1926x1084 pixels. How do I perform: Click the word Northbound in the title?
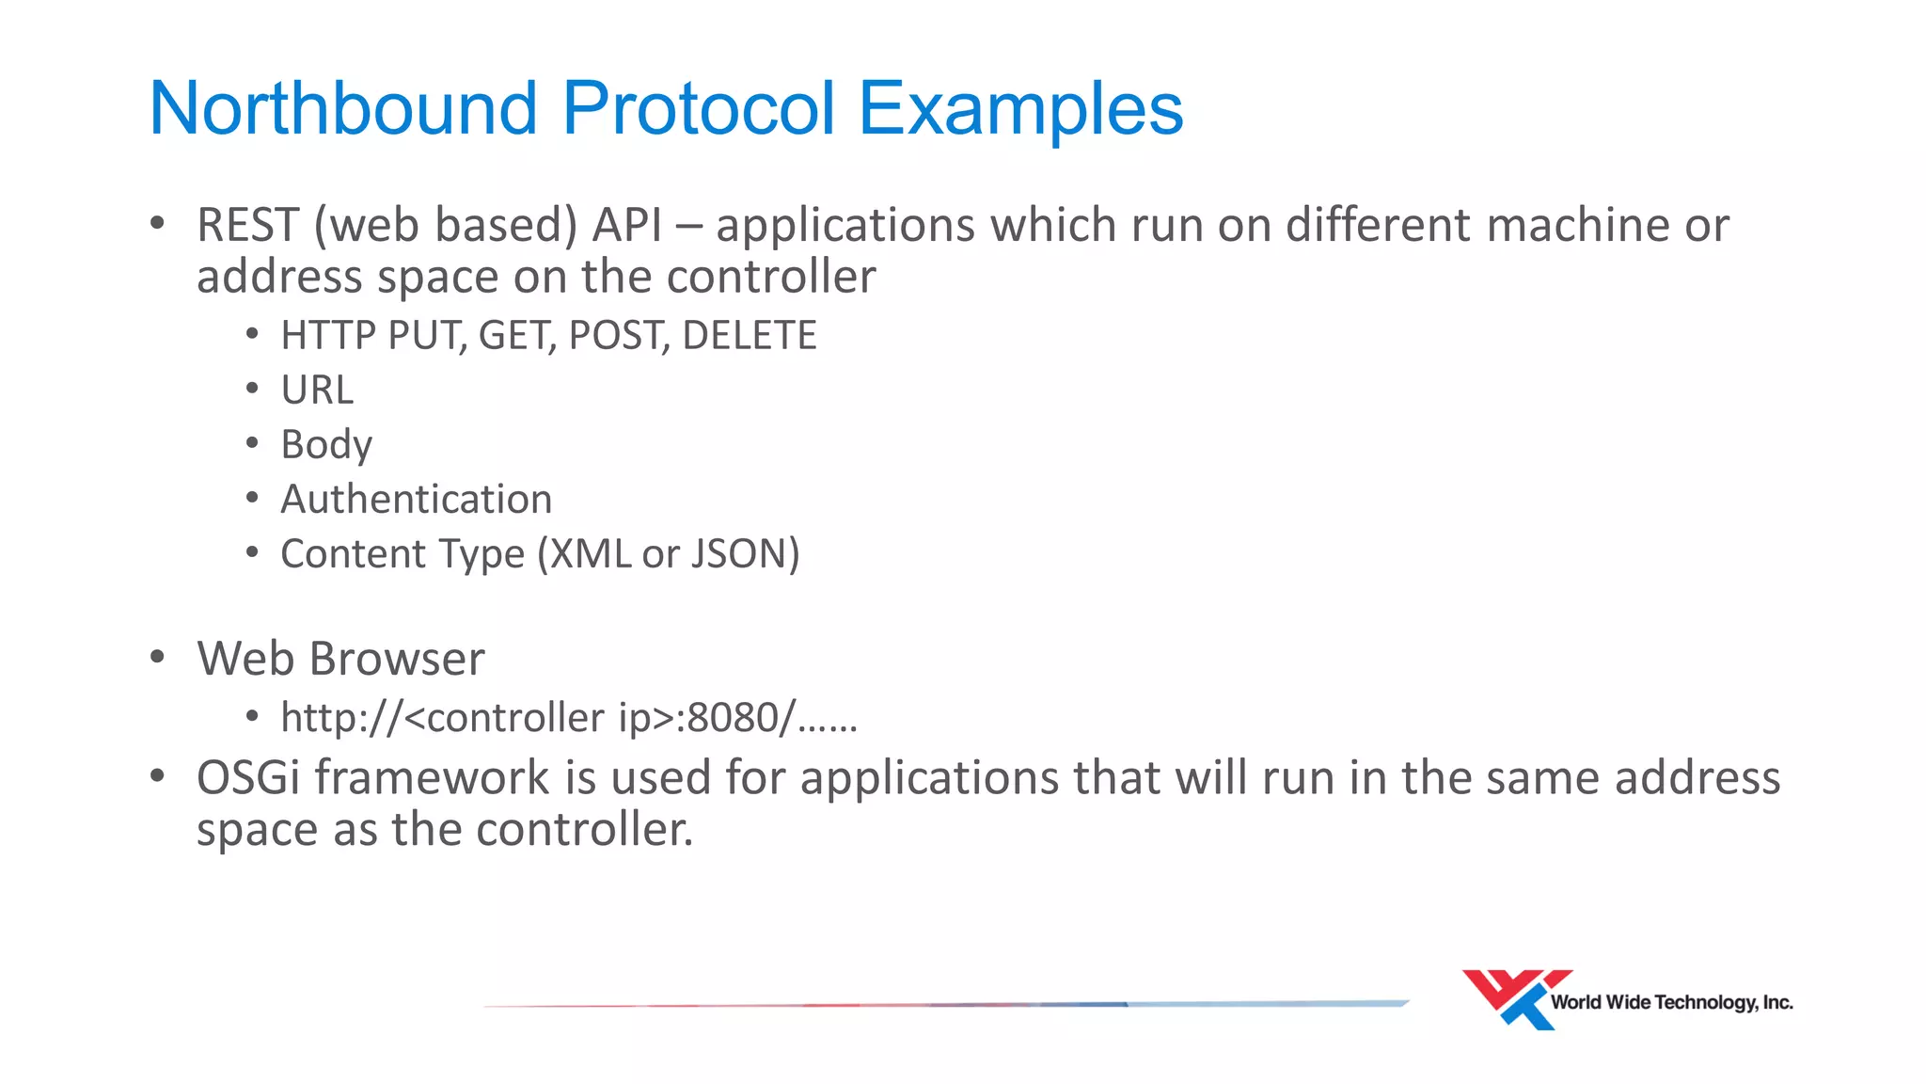343,108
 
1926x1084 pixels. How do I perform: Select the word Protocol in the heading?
698,108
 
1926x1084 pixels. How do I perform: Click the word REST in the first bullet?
247,226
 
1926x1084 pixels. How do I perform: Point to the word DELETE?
750,336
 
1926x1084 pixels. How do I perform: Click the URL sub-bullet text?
317,391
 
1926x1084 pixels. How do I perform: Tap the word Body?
326,445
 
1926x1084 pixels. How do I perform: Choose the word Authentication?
416,500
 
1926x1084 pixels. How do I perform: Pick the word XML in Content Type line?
591,554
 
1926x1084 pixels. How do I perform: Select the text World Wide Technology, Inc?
1671,1003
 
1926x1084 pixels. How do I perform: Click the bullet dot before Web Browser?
158,658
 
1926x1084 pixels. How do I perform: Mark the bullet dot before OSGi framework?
158,777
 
